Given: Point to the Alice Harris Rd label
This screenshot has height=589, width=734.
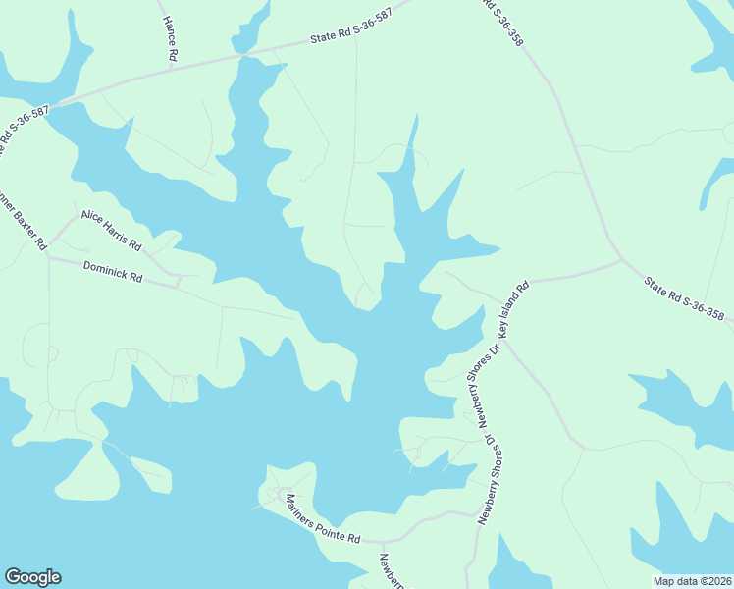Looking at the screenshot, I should pyautogui.click(x=111, y=229).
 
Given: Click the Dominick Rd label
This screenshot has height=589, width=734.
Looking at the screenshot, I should pyautogui.click(x=113, y=272).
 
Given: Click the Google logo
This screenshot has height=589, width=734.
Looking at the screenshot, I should pyautogui.click(x=32, y=577).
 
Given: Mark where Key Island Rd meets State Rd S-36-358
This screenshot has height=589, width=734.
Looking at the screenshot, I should pyautogui.click(x=620, y=261).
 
